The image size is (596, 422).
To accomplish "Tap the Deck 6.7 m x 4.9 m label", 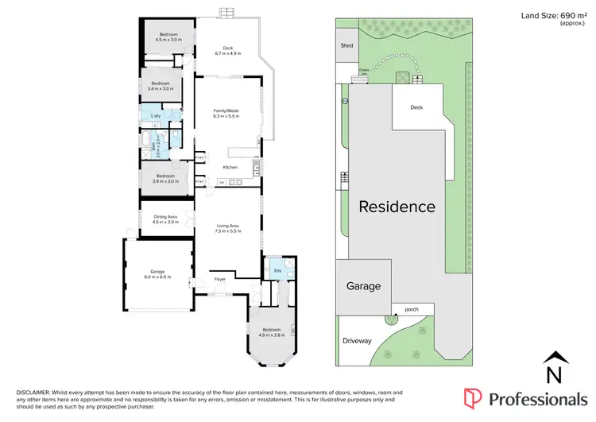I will [x=228, y=51].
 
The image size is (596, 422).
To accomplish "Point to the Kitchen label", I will [x=230, y=168].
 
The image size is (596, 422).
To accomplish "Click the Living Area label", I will [x=228, y=228].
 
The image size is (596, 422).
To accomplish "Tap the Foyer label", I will [x=219, y=279].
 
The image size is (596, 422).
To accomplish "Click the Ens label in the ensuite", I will [x=277, y=271].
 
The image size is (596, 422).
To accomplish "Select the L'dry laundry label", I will [x=157, y=117].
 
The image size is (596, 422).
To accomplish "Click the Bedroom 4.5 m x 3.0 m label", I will [x=168, y=37].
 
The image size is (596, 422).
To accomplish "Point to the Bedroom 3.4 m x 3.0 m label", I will [x=162, y=85].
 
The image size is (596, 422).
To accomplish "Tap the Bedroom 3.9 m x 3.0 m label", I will [x=164, y=178].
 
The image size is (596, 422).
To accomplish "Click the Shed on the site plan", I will [x=346, y=46].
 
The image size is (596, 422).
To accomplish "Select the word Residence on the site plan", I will [x=397, y=207].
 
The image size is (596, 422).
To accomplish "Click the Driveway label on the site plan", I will [x=357, y=341].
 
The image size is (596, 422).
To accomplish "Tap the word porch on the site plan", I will [x=412, y=309].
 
